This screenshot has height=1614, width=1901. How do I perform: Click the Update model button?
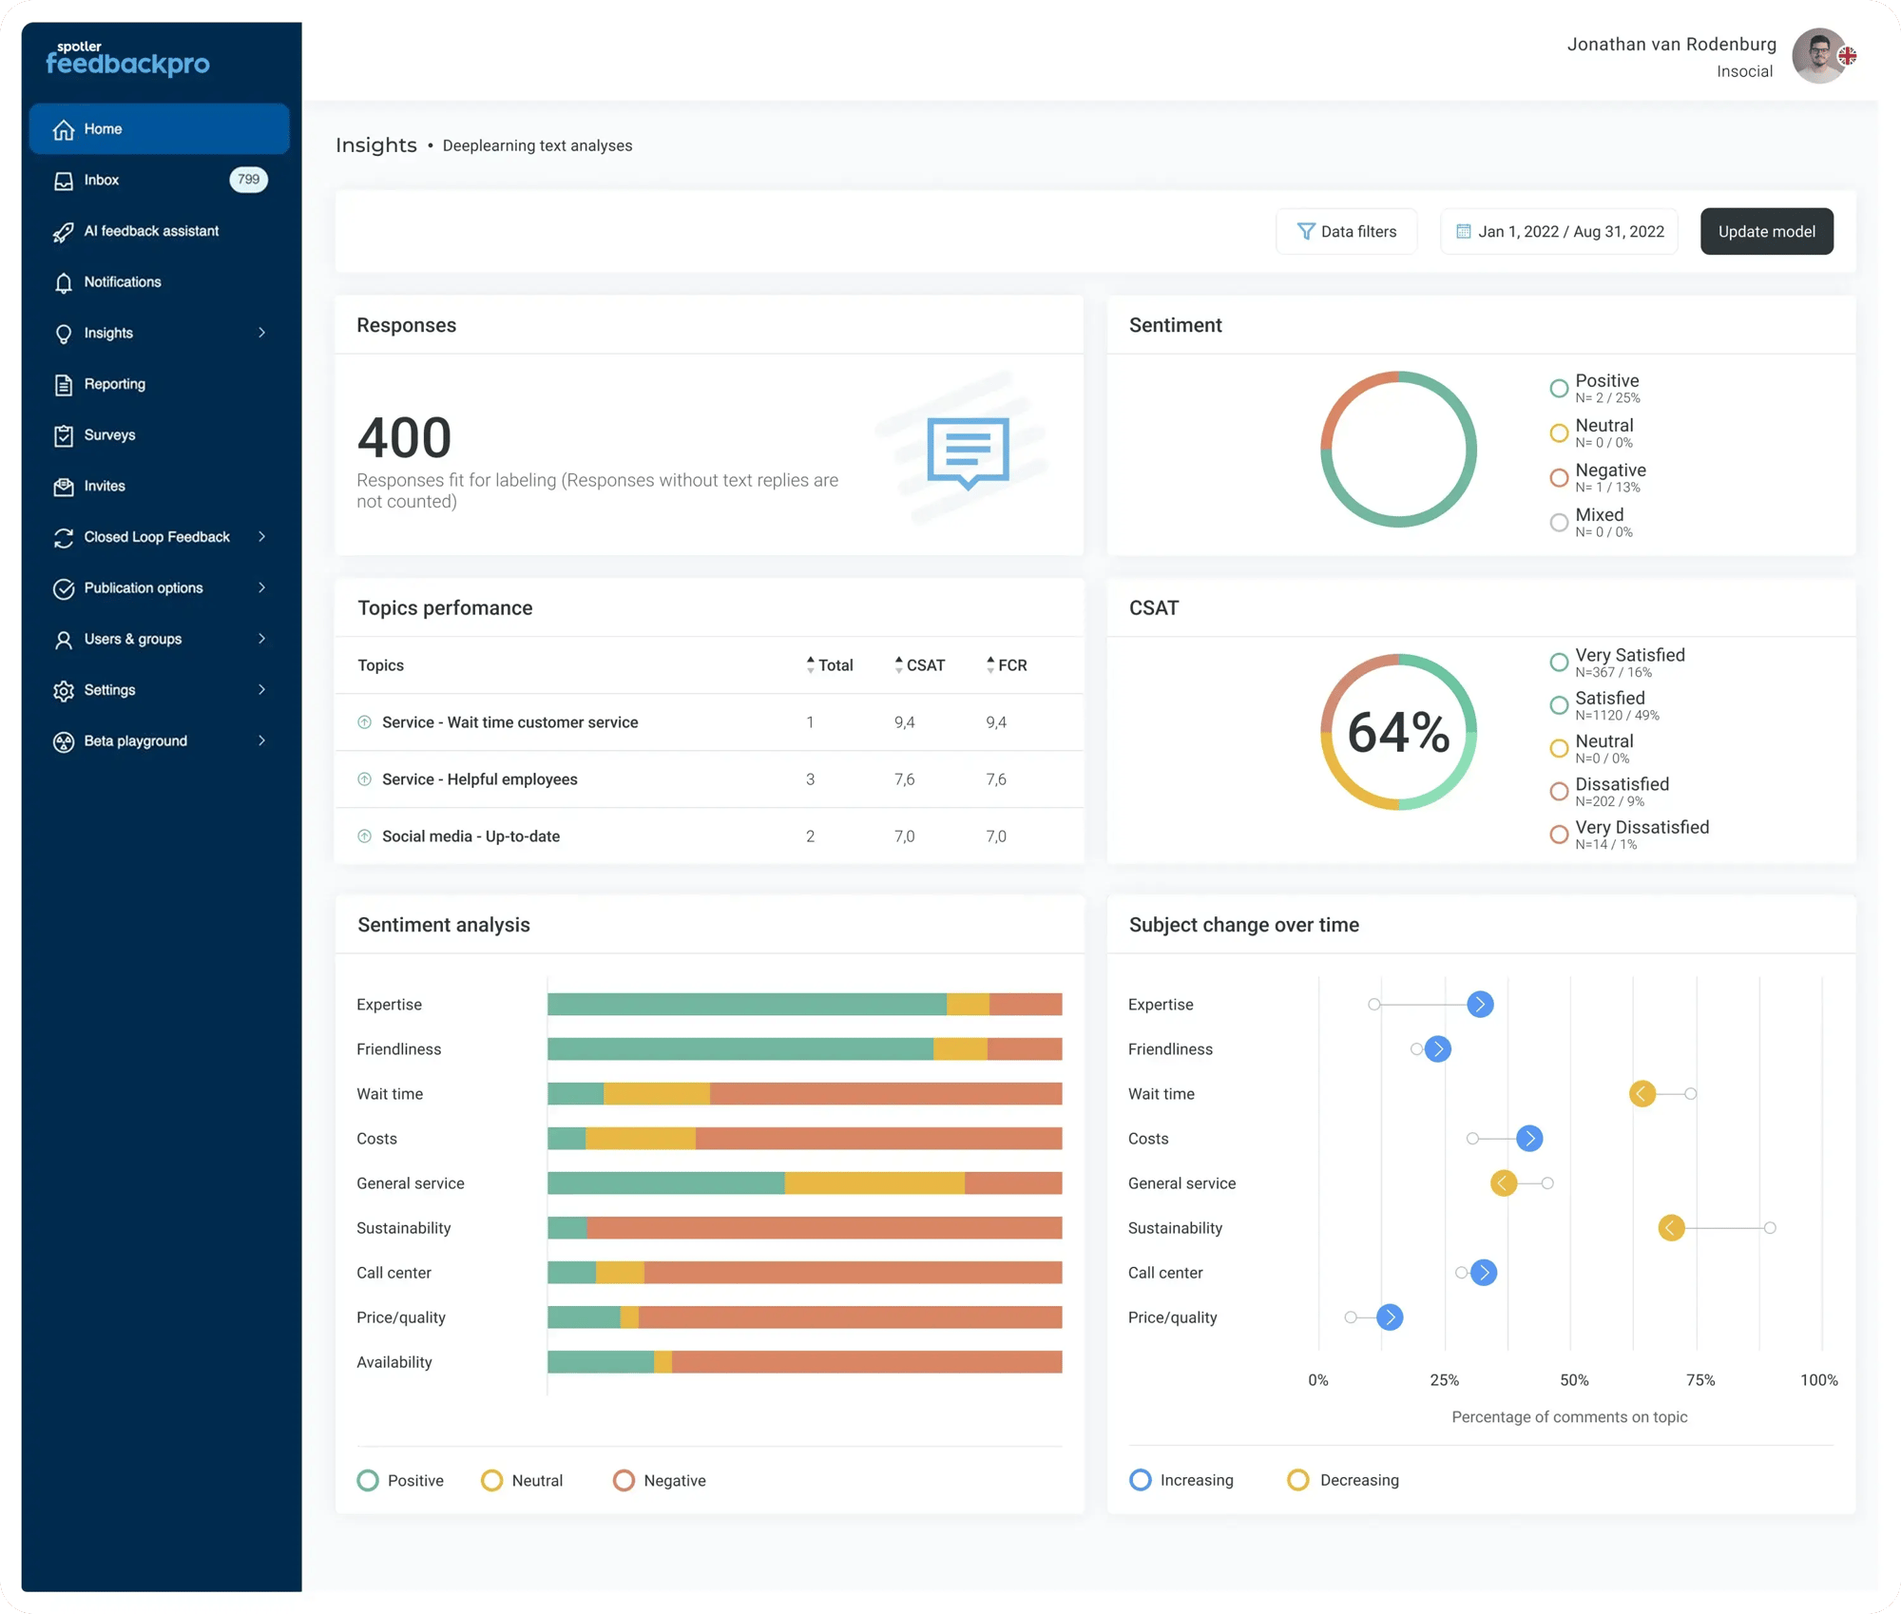point(1766,231)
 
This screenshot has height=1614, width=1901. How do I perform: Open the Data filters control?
point(1346,231)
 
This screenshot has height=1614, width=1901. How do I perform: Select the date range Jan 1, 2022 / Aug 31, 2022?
point(1559,231)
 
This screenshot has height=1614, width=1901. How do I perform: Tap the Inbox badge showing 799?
point(248,180)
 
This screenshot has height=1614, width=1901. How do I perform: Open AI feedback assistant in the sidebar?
point(150,231)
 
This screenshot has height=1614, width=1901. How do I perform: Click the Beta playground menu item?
point(135,740)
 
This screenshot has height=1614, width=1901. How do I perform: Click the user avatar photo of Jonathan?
point(1818,56)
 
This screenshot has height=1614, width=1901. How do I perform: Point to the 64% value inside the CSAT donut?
point(1398,732)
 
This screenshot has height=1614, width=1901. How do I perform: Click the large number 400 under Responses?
point(404,437)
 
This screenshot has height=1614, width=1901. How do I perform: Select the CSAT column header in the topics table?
point(924,665)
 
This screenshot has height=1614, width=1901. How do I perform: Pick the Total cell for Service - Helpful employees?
point(810,779)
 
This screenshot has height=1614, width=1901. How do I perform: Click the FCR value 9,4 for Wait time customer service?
point(995,722)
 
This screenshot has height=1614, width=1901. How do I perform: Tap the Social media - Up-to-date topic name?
point(470,836)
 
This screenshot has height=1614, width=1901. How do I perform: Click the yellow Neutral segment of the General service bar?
point(874,1183)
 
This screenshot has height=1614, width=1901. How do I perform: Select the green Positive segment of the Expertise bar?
point(746,1005)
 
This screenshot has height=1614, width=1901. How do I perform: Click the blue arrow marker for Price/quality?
point(1390,1317)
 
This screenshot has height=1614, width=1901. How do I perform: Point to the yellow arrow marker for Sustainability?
point(1671,1228)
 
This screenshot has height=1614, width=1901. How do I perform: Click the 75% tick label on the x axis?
point(1699,1380)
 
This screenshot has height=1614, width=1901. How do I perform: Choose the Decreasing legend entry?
point(1357,1480)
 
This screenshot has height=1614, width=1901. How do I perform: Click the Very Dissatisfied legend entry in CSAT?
point(1641,828)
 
